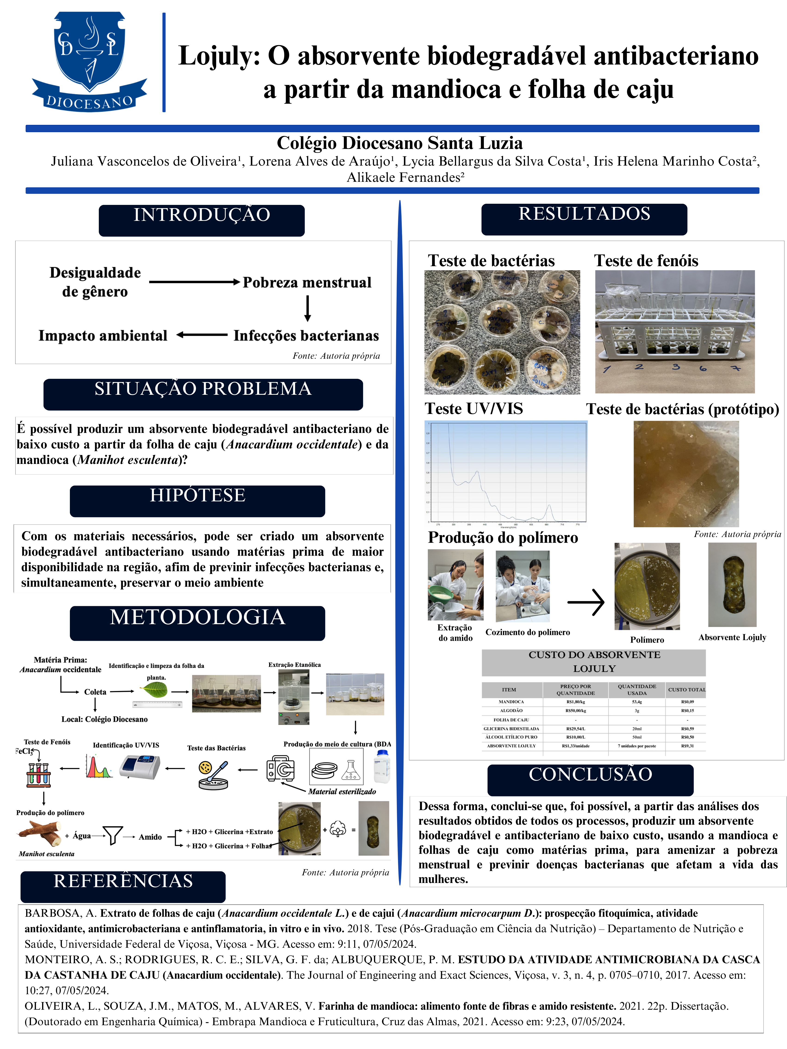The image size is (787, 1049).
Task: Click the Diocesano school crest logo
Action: pyautogui.click(x=89, y=62)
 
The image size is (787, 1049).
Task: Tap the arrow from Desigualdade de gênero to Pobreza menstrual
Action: pyautogui.click(x=195, y=282)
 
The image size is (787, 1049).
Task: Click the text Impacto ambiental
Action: pyautogui.click(x=103, y=336)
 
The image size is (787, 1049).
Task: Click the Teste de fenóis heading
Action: pyautogui.click(x=646, y=261)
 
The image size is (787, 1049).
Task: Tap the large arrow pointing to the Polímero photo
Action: pyautogui.click(x=586, y=602)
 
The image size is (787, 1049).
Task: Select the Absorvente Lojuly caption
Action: pyautogui.click(x=732, y=637)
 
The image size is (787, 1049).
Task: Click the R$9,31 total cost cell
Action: pyautogui.click(x=687, y=746)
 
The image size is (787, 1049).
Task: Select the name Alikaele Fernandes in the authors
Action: pyautogui.click(x=405, y=177)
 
